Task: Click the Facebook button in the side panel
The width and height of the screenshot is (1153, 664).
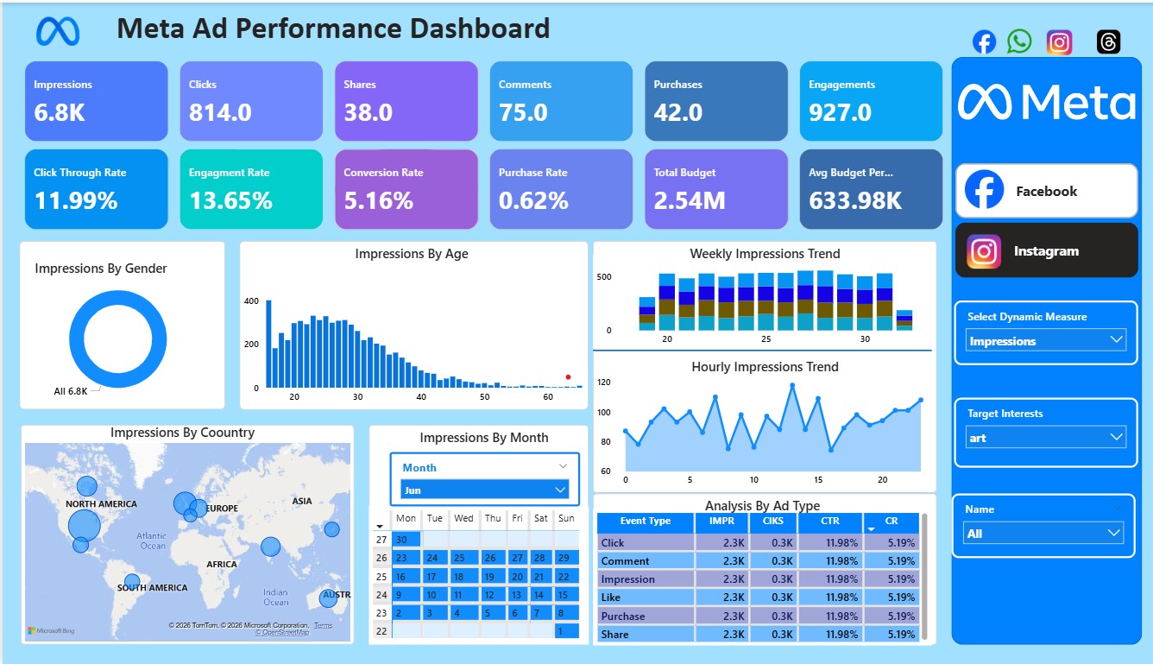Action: pos(1046,191)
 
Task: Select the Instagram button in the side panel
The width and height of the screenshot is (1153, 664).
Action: pos(1046,251)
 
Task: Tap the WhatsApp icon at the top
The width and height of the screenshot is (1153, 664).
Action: pos(1019,41)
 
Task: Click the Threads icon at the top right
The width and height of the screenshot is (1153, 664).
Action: pos(1109,41)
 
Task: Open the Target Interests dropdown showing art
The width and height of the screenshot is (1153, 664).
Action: pos(1046,438)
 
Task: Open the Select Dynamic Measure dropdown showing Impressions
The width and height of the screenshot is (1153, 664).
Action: pos(1046,341)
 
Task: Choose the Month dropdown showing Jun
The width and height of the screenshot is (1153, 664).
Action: pos(484,490)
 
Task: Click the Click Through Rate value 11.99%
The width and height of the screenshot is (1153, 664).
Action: pos(76,201)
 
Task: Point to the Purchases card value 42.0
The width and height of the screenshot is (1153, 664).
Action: pos(677,112)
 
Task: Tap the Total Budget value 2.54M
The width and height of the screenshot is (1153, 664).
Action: pos(689,201)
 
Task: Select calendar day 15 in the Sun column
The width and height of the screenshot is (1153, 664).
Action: pos(563,594)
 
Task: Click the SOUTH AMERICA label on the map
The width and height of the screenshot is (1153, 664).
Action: pos(152,588)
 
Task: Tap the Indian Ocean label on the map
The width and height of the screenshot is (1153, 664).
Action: pos(275,597)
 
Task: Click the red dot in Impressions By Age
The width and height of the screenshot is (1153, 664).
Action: pos(568,376)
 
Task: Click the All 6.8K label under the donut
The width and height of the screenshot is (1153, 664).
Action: pos(71,391)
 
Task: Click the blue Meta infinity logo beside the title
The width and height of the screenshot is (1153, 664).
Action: pos(58,32)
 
